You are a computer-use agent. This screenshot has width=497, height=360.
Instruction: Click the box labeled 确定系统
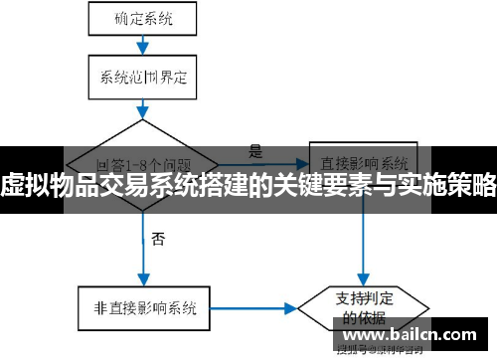pos(142,17)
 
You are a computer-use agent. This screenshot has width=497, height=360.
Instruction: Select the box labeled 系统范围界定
pos(142,75)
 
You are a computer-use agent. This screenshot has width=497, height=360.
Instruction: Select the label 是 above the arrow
pos(255,152)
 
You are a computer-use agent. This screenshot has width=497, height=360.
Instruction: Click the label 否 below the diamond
pos(159,239)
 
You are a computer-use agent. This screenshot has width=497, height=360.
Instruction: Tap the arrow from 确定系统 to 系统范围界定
pos(143,44)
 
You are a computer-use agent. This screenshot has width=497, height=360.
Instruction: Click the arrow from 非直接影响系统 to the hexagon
pos(253,307)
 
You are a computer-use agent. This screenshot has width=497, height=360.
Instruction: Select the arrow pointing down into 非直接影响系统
pos(143,264)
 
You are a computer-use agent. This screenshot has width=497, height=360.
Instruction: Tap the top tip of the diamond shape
pos(144,120)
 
